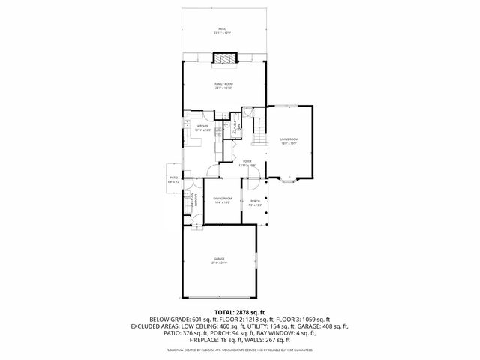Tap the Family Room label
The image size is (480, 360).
(x=223, y=85)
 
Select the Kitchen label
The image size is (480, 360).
(x=202, y=128)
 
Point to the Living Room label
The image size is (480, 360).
(x=289, y=141)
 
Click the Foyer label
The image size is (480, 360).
(x=247, y=163)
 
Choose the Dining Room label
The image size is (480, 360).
(x=223, y=200)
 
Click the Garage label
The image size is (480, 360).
(x=219, y=261)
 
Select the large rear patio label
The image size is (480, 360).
(x=223, y=31)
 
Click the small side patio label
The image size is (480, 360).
(x=173, y=179)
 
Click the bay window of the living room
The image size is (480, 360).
(x=288, y=181)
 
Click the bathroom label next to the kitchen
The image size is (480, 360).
(x=235, y=125)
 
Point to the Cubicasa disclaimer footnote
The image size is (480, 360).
(x=239, y=349)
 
